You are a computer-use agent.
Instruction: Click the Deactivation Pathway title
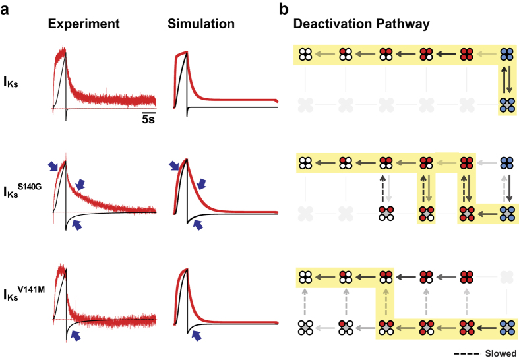click(362, 24)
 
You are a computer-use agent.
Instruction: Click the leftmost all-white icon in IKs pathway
click(305, 55)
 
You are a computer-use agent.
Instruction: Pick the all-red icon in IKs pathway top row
click(468, 55)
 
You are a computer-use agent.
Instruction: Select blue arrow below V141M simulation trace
click(197, 336)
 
